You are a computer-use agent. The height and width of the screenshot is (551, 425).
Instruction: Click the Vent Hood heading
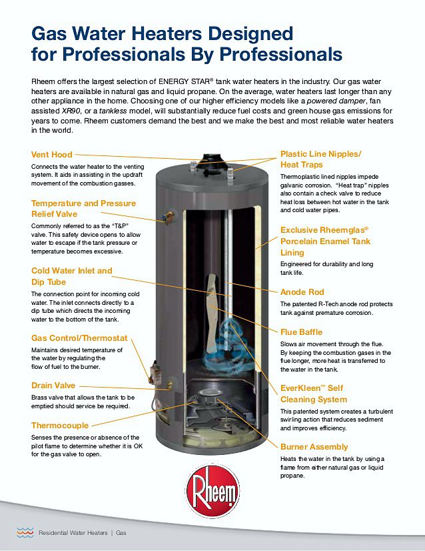click(x=52, y=155)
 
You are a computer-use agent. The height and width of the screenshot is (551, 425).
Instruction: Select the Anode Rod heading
click(x=302, y=292)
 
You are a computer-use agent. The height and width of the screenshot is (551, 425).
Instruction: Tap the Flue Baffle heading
click(x=301, y=332)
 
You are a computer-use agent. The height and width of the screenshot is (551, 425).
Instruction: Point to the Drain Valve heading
click(x=53, y=386)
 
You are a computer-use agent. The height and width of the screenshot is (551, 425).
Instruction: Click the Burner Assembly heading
click(x=314, y=447)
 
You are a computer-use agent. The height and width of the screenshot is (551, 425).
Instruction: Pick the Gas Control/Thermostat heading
click(x=79, y=338)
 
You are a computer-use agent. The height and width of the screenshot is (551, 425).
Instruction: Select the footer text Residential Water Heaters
click(x=73, y=533)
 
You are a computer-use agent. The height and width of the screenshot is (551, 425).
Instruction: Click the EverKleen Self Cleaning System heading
click(x=313, y=394)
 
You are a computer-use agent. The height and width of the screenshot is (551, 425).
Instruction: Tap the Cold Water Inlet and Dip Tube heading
click(x=72, y=276)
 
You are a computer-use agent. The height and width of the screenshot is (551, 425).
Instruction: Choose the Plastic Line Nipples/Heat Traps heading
click(x=320, y=159)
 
